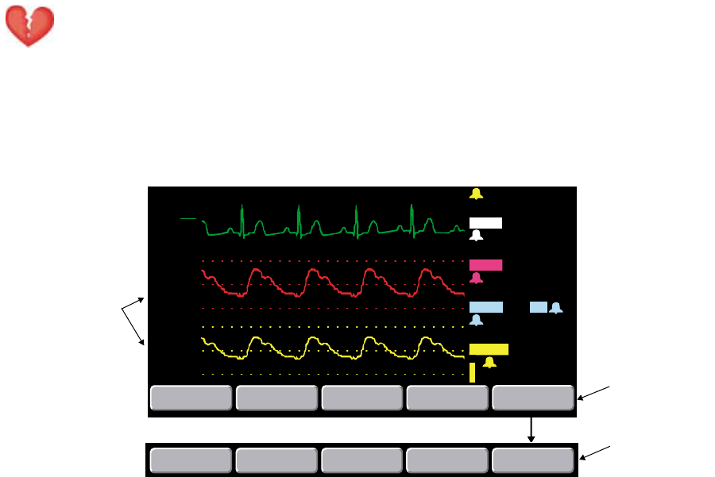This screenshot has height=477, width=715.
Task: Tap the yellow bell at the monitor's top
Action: pyautogui.click(x=476, y=194)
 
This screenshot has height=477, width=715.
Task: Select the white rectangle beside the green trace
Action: pyautogui.click(x=485, y=222)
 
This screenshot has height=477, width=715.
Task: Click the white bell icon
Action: pyautogui.click(x=476, y=236)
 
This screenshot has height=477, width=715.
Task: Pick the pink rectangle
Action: pyautogui.click(x=485, y=265)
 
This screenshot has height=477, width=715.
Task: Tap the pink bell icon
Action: pyautogui.click(x=476, y=278)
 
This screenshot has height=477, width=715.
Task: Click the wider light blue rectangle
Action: pyautogui.click(x=485, y=307)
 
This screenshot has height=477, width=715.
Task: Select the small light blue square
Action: pyautogui.click(x=538, y=307)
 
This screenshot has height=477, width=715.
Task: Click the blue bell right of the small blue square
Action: pyautogui.click(x=556, y=308)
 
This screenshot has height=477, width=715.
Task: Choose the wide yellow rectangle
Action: pyautogui.click(x=489, y=348)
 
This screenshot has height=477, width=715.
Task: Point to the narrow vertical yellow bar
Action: pyautogui.click(x=472, y=372)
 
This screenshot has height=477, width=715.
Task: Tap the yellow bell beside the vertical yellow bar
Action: pyautogui.click(x=489, y=363)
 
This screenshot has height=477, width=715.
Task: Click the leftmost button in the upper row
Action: pyautogui.click(x=191, y=398)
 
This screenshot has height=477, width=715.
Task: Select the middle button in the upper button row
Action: pyautogui.click(x=361, y=398)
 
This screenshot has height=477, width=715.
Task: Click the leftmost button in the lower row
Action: pyautogui.click(x=191, y=460)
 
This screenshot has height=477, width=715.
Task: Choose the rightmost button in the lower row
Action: pyautogui.click(x=532, y=460)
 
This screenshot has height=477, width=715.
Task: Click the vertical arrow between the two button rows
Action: pyautogui.click(x=532, y=429)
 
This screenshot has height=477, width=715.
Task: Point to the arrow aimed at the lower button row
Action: pyautogui.click(x=596, y=452)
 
